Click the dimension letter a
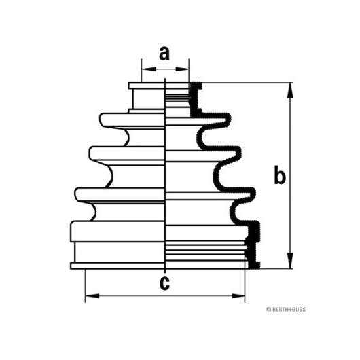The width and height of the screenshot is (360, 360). click(164, 53)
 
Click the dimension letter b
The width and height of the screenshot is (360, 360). click(280, 176)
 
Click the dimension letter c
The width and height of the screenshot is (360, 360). click(164, 283)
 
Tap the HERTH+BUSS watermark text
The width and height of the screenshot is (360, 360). click(286, 310)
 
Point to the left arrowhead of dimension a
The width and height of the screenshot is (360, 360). click(149, 69)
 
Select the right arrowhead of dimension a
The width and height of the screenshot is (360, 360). click(182, 69)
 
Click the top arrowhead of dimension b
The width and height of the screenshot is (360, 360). click(291, 90)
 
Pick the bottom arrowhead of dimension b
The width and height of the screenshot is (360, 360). click(291, 260)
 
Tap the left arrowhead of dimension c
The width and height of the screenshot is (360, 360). click(92, 295)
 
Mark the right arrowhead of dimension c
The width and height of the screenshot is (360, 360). click(238, 295)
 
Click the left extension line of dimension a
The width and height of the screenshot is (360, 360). click(142, 70)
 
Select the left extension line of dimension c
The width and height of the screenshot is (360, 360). click(85, 286)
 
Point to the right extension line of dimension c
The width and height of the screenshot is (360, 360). click(245, 286)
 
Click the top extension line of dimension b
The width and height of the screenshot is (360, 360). click(247, 82)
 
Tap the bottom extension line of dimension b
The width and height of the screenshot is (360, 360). click(276, 268)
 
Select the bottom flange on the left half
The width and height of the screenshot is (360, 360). click(118, 266)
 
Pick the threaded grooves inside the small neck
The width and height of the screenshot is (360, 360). click(177, 97)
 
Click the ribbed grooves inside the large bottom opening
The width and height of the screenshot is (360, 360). click(206, 251)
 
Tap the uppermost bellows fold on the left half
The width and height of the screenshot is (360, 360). click(132, 120)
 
